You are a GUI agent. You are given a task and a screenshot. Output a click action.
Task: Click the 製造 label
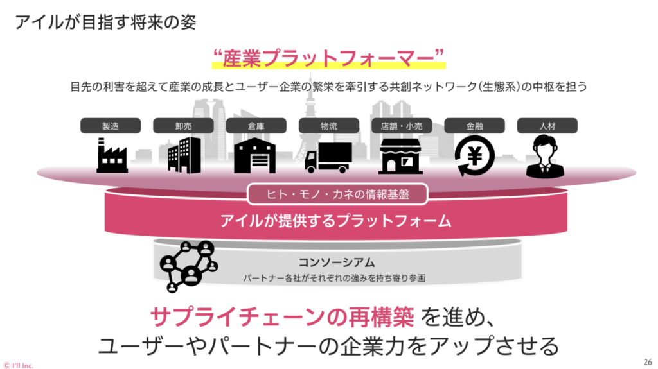coord(111,126)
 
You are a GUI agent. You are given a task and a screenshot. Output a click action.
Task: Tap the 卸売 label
coord(183,126)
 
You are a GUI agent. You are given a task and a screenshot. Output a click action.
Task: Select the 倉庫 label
coord(256,126)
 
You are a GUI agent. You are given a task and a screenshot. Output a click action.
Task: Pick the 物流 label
coord(328,126)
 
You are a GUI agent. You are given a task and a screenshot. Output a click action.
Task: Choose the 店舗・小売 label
coord(401,126)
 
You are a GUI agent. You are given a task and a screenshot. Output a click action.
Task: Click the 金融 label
coord(474,126)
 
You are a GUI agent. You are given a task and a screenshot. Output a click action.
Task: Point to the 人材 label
coord(547,126)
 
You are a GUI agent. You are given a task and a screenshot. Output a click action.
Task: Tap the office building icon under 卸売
coord(184,156)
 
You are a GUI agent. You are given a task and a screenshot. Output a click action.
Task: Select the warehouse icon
coord(255,156)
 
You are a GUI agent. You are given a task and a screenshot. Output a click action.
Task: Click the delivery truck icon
coord(328,157)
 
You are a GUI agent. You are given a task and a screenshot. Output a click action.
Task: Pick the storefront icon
coord(401,156)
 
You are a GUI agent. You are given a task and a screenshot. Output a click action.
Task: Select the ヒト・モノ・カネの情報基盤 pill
coord(328,193)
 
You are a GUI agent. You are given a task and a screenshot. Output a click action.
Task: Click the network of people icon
coord(188,264)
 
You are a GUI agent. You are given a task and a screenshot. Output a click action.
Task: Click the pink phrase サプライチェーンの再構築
coord(283,316)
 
